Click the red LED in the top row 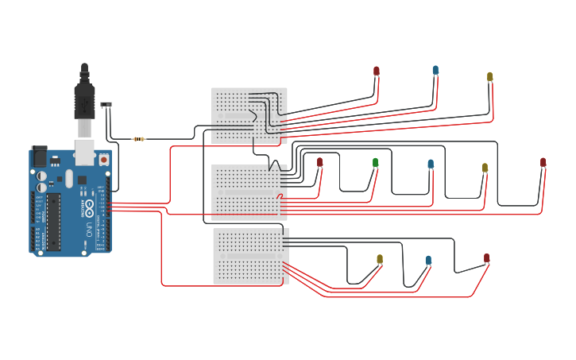[x=377, y=72]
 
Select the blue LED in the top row [x=435, y=71]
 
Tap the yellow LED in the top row [x=490, y=77]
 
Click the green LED [x=376, y=163]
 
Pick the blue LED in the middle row [x=431, y=165]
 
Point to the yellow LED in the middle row [x=485, y=168]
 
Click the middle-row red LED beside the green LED [x=320, y=162]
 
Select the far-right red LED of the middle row [x=543, y=162]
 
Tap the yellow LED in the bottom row [x=380, y=259]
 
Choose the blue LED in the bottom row [x=428, y=260]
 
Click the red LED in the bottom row [x=487, y=258]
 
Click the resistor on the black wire [x=139, y=139]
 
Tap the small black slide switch [x=106, y=104]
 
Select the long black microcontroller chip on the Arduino [x=53, y=221]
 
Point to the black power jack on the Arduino [x=39, y=156]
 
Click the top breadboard [x=249, y=115]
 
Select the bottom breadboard [x=249, y=256]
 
